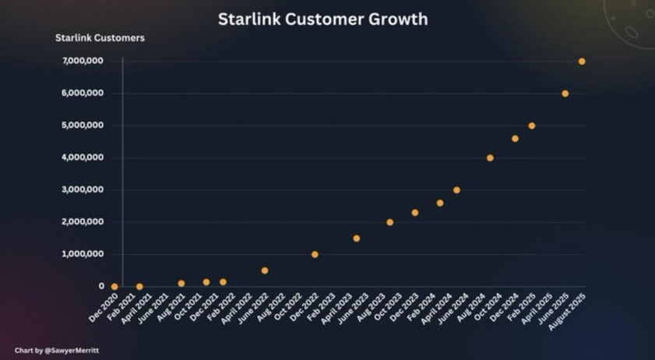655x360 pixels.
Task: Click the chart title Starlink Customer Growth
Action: pyautogui.click(x=322, y=19)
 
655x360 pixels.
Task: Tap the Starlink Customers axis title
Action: pyautogui.click(x=100, y=37)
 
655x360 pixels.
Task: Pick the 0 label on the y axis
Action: pyautogui.click(x=101, y=287)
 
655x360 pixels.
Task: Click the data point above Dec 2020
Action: pyautogui.click(x=114, y=287)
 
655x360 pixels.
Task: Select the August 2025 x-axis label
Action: pyautogui.click(x=567, y=309)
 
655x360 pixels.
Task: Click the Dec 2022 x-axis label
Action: pyautogui.click(x=304, y=306)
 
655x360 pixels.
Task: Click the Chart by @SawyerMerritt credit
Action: pyautogui.click(x=57, y=351)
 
